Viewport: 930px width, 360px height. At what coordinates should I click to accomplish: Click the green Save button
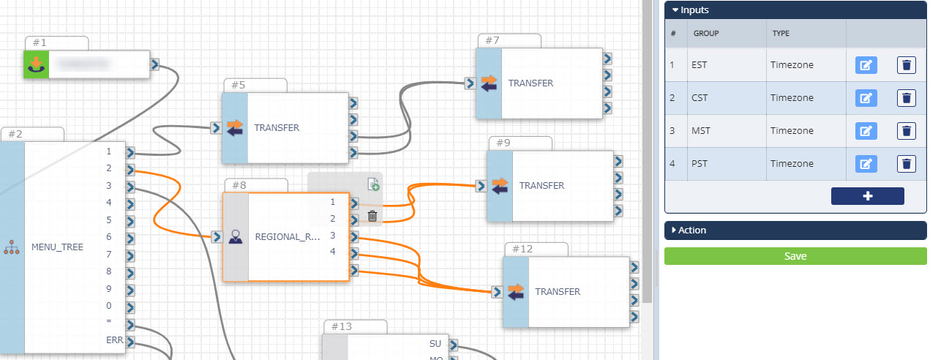tap(795, 256)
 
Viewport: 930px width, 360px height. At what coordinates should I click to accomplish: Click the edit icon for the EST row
tap(866, 65)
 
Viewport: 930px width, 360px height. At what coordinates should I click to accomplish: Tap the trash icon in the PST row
tap(907, 164)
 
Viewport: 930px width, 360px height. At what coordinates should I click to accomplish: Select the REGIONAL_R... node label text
tap(288, 237)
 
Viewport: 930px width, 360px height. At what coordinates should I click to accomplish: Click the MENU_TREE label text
tap(57, 247)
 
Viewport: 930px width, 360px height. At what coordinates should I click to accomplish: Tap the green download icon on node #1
tap(34, 64)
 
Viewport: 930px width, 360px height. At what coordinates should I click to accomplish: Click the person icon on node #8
tap(236, 237)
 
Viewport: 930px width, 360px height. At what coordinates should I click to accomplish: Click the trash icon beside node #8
tap(372, 216)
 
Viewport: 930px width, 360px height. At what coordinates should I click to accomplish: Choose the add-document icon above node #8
tap(372, 184)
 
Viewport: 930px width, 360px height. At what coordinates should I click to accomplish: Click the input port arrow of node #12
tap(497, 292)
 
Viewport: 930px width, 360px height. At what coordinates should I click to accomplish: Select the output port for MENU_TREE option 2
tap(130, 170)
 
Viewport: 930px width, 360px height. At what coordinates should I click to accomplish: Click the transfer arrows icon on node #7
tap(489, 83)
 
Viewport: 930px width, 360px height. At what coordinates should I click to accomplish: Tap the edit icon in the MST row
tap(866, 131)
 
